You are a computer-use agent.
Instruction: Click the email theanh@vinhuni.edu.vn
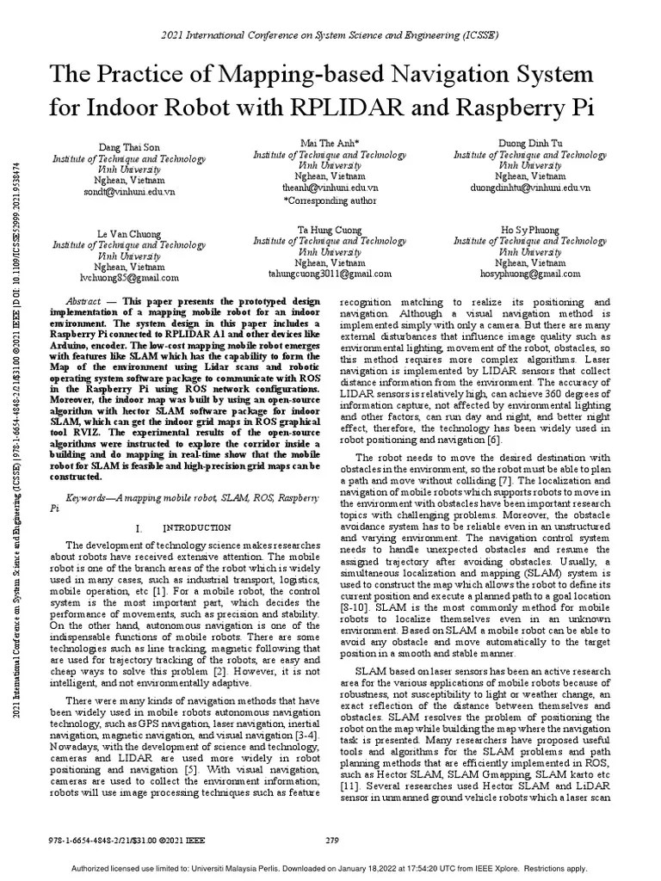coord(330,187)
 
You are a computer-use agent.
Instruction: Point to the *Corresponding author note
coord(330,200)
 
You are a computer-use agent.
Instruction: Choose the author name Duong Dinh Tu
coord(529,143)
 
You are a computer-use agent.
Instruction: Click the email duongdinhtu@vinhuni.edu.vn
coord(529,187)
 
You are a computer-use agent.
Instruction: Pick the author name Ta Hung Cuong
coord(330,231)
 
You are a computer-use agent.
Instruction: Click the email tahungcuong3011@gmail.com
coord(330,274)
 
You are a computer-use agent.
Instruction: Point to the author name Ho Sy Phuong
coord(529,231)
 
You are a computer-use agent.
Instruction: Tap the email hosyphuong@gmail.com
coord(529,274)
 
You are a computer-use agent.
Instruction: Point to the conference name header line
coord(330,36)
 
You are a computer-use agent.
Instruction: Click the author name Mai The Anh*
coord(330,143)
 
